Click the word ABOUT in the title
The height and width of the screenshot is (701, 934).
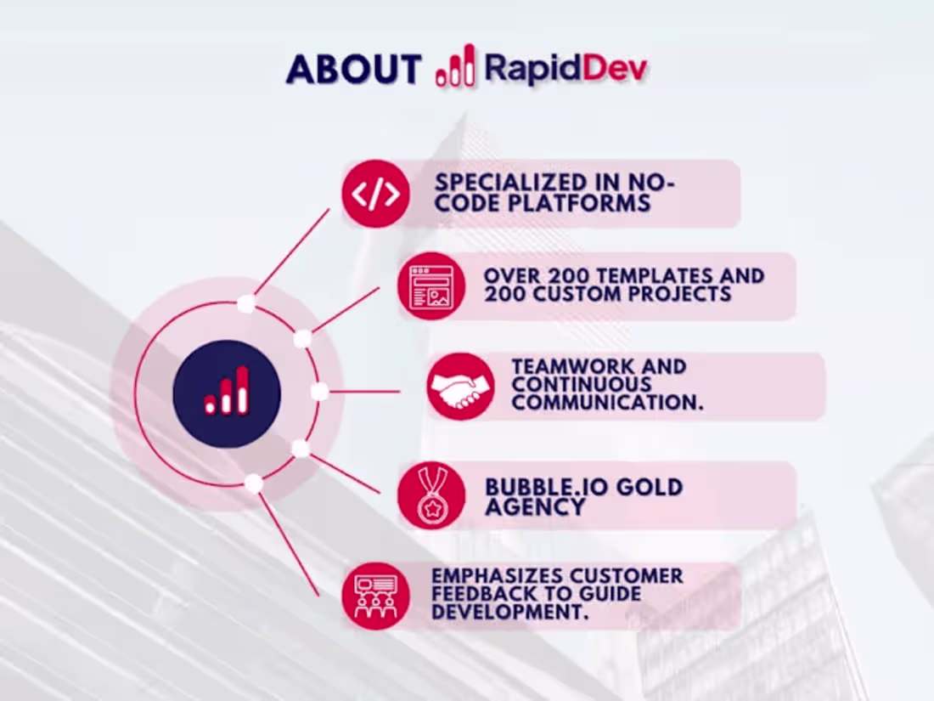tap(353, 69)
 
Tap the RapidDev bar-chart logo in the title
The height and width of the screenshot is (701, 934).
tap(455, 66)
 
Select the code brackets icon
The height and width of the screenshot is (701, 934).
tap(375, 194)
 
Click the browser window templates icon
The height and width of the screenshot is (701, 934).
tap(431, 286)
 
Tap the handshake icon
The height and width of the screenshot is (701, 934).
tap(460, 387)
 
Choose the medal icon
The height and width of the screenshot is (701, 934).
tap(431, 495)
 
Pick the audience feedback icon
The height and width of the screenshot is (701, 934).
tap(375, 596)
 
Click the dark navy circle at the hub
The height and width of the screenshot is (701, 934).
tap(227, 393)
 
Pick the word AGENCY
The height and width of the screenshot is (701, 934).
tap(536, 507)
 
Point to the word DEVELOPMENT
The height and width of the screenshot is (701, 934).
tap(509, 613)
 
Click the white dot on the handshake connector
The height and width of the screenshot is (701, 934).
tap(319, 392)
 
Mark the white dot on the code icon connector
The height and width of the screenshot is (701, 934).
tap(245, 303)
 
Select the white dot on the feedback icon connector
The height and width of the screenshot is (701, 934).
tap(253, 483)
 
